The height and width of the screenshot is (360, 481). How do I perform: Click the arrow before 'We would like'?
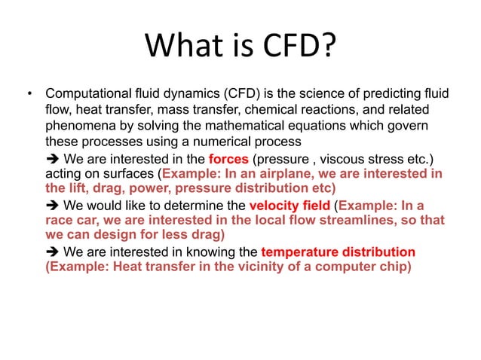point(53,205)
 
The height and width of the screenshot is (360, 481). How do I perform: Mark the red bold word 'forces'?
point(229,158)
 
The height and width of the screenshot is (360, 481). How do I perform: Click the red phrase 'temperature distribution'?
point(338,252)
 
